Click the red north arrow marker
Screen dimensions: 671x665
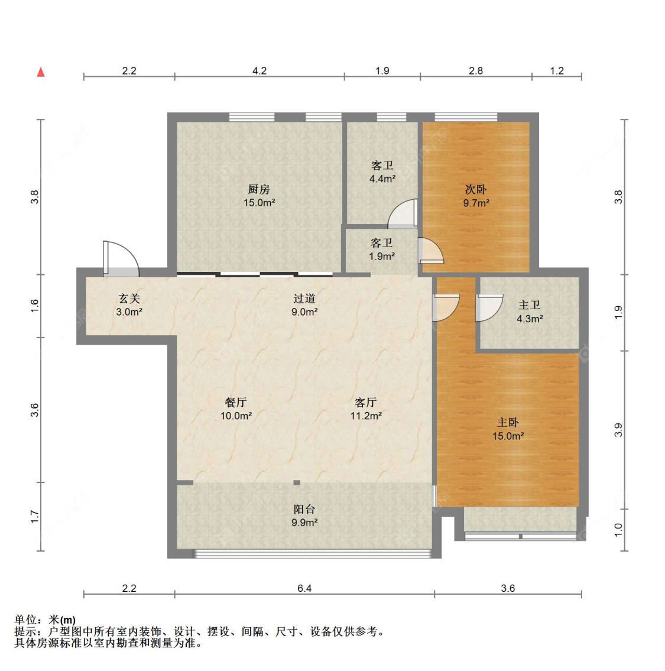41,72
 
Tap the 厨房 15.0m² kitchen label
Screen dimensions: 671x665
259,196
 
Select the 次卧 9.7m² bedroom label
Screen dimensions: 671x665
476,196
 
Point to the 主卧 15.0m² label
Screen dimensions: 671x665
508,429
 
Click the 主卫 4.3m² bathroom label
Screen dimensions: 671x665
530,312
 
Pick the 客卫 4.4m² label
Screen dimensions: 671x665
382,172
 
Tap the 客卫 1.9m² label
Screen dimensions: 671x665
382,249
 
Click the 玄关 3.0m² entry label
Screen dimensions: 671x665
129,305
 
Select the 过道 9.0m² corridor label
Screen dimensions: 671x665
304,305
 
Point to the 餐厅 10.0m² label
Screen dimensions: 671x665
236,409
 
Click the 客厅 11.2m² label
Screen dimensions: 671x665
366,409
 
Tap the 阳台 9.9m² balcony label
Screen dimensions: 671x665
304,516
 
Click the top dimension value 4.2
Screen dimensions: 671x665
259,71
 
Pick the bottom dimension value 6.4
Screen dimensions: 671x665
304,588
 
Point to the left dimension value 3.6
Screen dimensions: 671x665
35,410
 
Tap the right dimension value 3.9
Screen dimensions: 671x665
618,430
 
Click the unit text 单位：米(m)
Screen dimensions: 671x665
45,620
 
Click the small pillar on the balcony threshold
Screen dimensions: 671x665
297,483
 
